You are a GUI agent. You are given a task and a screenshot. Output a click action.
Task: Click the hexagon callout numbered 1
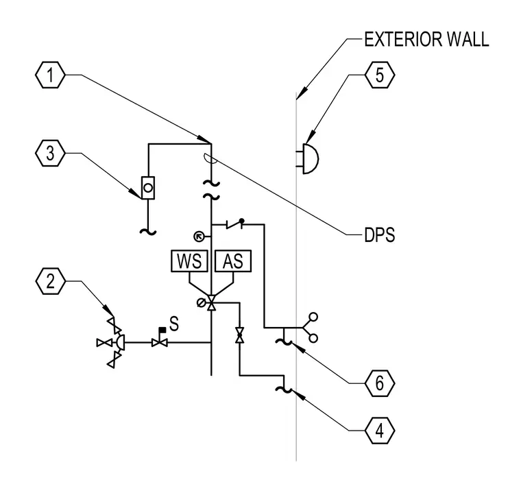tap(50, 75)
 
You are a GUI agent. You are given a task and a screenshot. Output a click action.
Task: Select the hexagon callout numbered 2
tap(50, 281)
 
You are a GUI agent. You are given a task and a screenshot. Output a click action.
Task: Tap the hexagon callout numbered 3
tap(50, 154)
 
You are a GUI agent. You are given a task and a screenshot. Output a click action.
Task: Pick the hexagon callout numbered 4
tap(380, 431)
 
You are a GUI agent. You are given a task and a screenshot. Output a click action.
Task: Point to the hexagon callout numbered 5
tap(380, 75)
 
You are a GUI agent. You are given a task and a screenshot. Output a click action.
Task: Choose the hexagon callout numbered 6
tap(380, 383)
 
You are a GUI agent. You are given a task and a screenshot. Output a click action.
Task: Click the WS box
tap(189, 261)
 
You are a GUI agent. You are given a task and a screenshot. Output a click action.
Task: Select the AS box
tap(233, 261)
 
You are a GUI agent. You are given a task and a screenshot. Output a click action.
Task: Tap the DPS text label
tap(380, 235)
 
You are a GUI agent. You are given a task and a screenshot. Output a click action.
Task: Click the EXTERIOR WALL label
tap(426, 39)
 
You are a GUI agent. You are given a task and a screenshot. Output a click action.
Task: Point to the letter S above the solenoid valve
tap(173, 324)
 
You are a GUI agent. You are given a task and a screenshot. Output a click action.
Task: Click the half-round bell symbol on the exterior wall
tap(311, 159)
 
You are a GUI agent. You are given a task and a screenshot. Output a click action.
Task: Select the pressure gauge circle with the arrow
tap(199, 237)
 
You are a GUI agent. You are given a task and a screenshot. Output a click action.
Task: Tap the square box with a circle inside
tap(148, 188)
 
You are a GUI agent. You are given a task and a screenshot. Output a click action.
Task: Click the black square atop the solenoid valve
tap(162, 330)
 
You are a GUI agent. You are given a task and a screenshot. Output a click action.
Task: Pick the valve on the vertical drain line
tap(239, 335)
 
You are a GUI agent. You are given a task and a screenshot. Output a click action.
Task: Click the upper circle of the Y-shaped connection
tap(313, 317)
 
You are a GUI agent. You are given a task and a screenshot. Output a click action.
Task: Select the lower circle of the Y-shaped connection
tap(313, 339)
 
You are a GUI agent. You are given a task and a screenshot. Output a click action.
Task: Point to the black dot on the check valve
tap(241, 221)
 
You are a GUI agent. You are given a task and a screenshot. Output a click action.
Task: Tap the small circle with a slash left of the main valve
tap(201, 303)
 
